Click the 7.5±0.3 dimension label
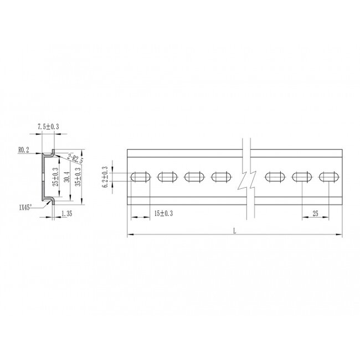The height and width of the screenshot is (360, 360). pos(48,127)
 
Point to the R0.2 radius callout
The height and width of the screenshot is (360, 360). pos(23,150)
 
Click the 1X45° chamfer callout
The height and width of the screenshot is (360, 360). pos(25,207)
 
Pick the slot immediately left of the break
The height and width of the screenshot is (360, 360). pos(221,177)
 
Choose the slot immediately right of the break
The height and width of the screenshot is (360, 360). pos(274,177)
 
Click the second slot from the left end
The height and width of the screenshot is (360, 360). pos(167,177)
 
